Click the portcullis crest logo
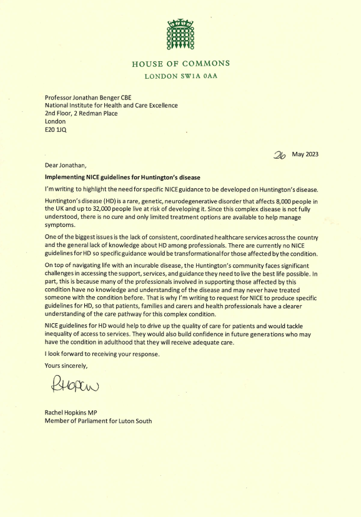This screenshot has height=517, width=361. click(x=180, y=35)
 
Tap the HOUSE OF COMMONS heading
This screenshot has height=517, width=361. click(x=180, y=64)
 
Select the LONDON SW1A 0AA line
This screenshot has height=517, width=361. click(x=180, y=76)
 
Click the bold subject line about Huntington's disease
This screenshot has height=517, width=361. click(x=114, y=178)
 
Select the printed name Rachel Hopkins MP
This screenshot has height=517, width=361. click(x=77, y=412)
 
